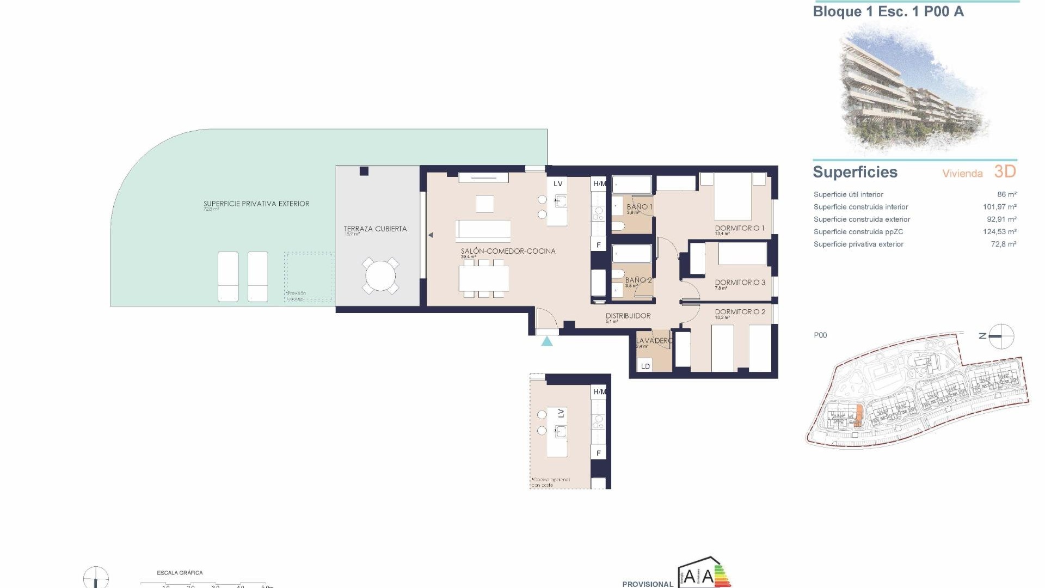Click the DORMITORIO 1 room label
740,228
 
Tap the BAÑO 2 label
638,280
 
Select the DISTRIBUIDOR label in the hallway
628,316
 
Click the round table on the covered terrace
380,276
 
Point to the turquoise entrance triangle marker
547,341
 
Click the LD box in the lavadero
646,366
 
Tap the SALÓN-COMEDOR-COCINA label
508,251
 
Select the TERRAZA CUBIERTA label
375,229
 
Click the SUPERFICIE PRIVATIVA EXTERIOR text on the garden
256,204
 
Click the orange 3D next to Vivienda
1005,172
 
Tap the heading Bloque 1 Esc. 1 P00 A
888,12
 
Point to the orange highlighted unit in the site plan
858,415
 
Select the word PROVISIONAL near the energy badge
648,584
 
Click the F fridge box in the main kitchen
599,245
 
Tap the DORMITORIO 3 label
740,283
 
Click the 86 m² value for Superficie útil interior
1006,194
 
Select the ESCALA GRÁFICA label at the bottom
180,573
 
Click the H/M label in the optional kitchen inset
599,392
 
